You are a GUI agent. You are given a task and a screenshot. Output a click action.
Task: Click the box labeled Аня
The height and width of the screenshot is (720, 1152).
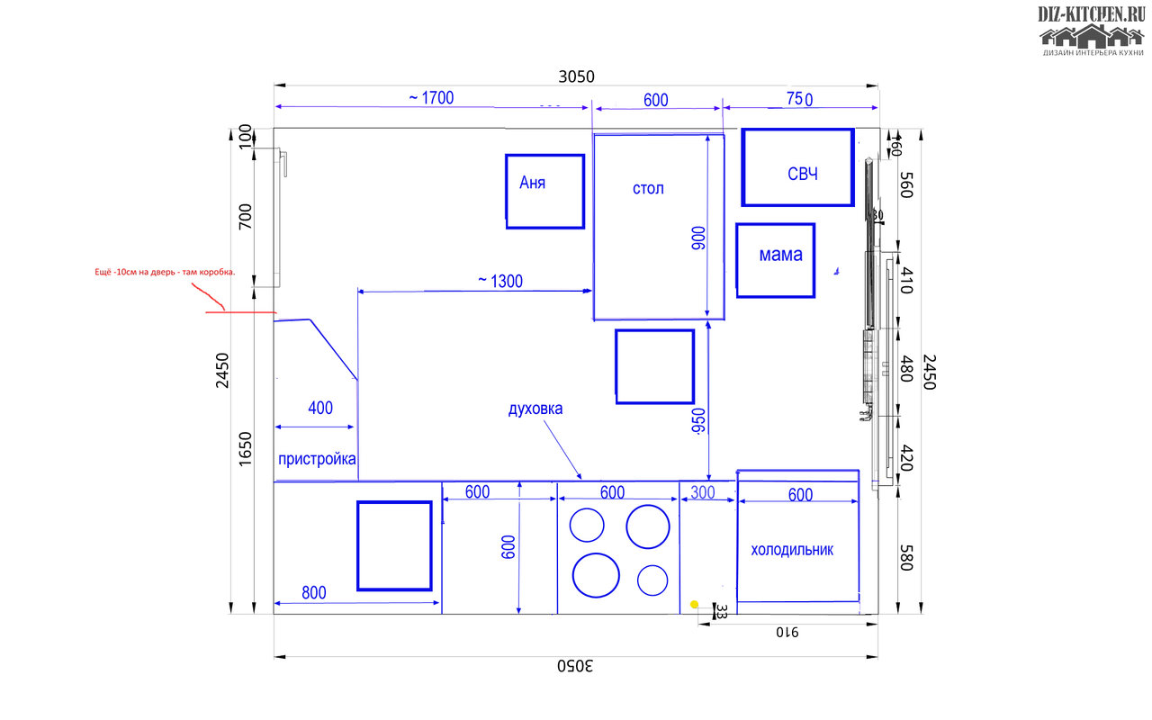544,191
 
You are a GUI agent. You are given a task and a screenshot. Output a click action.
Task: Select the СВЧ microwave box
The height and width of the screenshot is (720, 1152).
797,167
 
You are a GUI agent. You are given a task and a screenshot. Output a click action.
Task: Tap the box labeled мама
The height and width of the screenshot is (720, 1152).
775,260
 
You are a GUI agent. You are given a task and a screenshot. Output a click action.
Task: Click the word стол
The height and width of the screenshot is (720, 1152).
648,189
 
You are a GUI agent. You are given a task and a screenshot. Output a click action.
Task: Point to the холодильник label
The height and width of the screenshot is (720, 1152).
792,550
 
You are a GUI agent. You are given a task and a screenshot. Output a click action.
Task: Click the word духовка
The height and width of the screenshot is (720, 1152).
535,409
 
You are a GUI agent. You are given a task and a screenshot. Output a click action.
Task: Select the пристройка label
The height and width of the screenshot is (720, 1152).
317,459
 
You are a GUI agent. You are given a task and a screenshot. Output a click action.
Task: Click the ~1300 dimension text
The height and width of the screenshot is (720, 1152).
500,281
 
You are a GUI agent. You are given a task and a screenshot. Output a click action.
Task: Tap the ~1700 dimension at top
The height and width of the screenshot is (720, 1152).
431,98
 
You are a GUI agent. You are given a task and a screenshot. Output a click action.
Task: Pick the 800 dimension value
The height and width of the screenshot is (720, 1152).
314,593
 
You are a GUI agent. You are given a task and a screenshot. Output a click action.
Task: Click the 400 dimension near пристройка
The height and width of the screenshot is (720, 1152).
319,408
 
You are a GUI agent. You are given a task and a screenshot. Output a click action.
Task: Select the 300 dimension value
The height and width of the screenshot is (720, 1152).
703,492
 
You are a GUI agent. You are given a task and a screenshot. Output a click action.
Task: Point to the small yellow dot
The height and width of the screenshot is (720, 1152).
694,604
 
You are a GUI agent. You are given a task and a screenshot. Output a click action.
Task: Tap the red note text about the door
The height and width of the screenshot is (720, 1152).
165,272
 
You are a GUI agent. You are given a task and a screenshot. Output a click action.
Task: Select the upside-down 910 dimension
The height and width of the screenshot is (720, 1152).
788,633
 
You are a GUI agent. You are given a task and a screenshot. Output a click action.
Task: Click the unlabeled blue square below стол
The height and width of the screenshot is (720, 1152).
654,366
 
